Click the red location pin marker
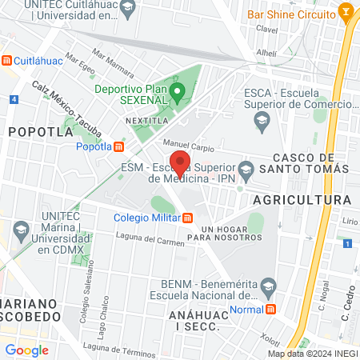click(x=181, y=163)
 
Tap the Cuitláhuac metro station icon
click(x=7, y=61)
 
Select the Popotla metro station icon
click(x=119, y=146)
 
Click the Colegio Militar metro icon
click(x=187, y=218)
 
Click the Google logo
click(x=26, y=350)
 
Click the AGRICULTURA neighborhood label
click(x=302, y=199)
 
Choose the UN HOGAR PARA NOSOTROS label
click(x=222, y=234)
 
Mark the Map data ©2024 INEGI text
click(x=311, y=354)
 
